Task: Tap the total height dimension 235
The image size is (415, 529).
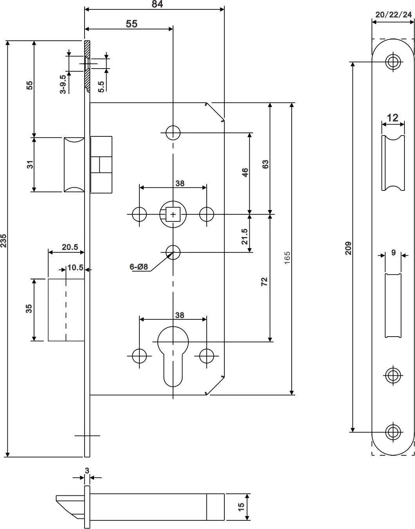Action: pyautogui.click(x=4, y=241)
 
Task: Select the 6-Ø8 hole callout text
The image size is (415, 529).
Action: pyautogui.click(x=139, y=267)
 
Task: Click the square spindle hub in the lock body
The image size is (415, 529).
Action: pyautogui.click(x=173, y=214)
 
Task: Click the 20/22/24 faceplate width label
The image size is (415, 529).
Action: pyautogui.click(x=393, y=15)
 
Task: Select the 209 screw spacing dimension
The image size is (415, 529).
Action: pyautogui.click(x=348, y=248)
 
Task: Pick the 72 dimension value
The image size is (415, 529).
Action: pyautogui.click(x=264, y=281)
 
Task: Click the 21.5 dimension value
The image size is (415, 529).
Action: pyautogui.click(x=245, y=236)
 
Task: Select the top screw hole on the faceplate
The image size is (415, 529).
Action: pyautogui.click(x=392, y=61)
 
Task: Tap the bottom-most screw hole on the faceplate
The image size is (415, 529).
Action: pyautogui.click(x=392, y=432)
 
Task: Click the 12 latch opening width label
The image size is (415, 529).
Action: pyautogui.click(x=392, y=118)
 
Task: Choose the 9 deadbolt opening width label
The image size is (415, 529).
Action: pyautogui.click(x=393, y=253)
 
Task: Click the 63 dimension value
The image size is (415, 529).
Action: pyautogui.click(x=265, y=164)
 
